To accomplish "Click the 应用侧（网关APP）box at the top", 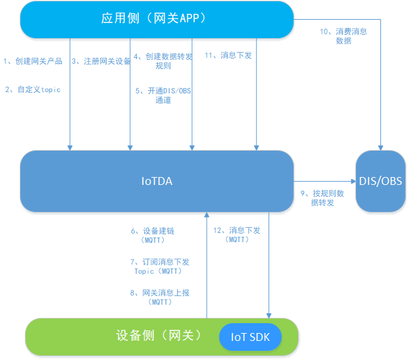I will tap(156, 19).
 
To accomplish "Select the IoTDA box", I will tap(156, 181).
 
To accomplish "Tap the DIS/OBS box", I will tap(380, 181).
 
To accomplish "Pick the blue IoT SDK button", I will tap(250, 337).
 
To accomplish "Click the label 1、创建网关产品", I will tap(33, 61).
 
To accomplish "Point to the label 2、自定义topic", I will tap(33, 90).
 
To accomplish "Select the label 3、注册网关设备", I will tap(101, 61).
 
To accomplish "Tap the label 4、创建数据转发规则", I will tap(163, 61).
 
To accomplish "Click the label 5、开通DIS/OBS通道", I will tap(163, 95).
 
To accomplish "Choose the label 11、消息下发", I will tap(228, 55).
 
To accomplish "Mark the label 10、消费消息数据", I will tap(343, 36).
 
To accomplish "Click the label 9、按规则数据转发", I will tap(322, 197).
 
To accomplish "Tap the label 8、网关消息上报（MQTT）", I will tap(161, 297).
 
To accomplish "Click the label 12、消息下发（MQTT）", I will tap(236, 235).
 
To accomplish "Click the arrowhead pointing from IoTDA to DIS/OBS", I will tap(353, 181).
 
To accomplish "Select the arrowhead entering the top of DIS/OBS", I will tap(380, 147).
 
